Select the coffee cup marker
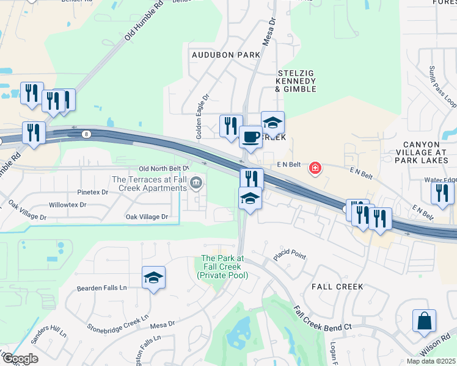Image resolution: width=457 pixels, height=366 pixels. pos(249,137)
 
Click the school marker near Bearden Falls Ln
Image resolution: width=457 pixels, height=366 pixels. pos(153,278)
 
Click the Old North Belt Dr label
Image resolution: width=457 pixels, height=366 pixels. pos(164,168)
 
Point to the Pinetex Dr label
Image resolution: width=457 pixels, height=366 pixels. pos(92,192)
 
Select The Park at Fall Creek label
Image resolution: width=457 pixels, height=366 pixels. pos(223,267)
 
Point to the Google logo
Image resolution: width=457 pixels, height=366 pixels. pos(20,359)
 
